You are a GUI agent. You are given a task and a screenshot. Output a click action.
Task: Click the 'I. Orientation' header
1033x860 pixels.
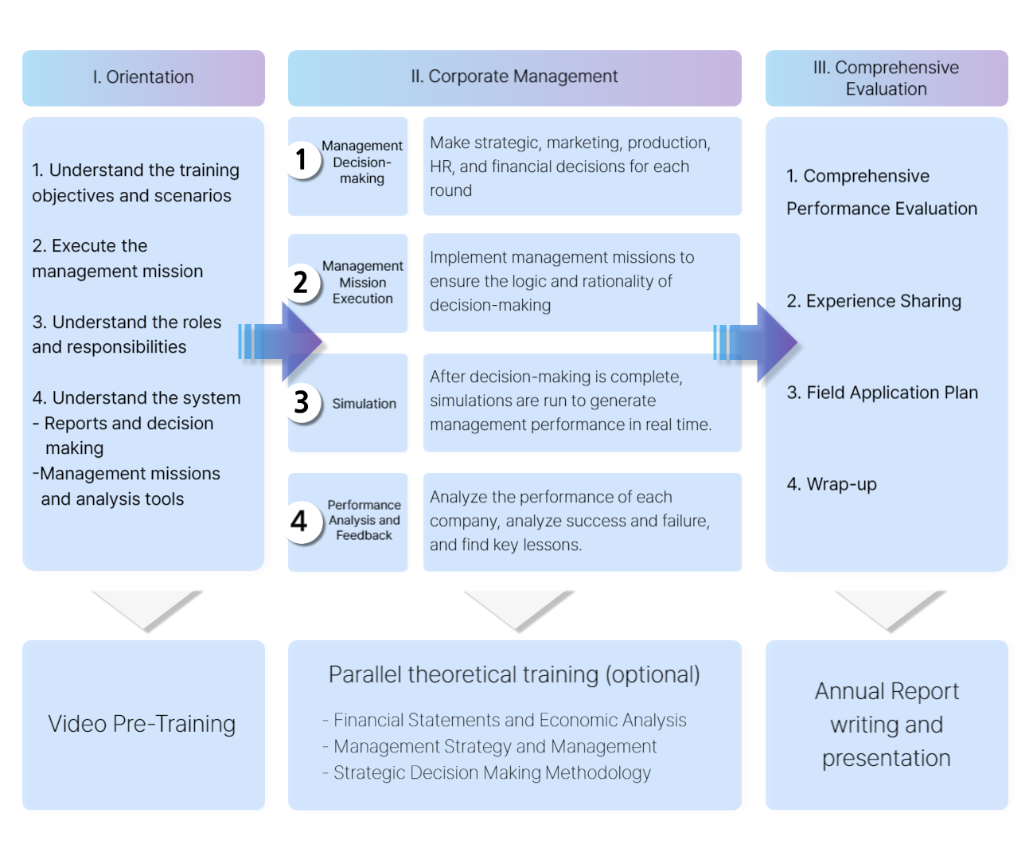(x=143, y=77)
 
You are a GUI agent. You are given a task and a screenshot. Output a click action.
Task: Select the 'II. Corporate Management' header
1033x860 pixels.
(x=514, y=76)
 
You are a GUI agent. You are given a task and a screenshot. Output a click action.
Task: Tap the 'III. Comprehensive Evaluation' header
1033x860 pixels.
(x=886, y=78)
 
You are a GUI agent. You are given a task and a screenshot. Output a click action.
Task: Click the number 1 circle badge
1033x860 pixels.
(x=302, y=160)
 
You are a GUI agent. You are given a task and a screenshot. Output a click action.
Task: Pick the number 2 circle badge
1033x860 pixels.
(x=301, y=282)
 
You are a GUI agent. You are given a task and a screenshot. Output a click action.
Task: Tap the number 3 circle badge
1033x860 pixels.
(x=302, y=403)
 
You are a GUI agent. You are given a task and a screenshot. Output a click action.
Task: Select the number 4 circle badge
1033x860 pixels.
(x=300, y=522)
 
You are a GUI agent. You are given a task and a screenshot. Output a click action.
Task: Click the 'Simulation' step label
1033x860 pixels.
(x=364, y=404)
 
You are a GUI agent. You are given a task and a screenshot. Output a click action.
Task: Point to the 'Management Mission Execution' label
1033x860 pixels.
(x=362, y=283)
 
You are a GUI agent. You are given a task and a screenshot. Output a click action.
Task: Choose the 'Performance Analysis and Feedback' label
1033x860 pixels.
(x=364, y=520)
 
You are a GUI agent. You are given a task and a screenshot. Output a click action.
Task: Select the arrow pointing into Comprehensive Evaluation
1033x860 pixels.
(x=756, y=343)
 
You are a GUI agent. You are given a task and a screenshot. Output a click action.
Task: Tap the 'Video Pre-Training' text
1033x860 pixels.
(x=142, y=724)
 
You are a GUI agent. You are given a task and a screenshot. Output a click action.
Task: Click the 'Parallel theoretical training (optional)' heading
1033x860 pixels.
(x=514, y=674)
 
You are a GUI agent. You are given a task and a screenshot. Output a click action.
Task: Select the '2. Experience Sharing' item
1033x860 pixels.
(x=874, y=301)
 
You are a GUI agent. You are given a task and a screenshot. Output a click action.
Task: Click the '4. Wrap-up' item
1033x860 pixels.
(x=832, y=484)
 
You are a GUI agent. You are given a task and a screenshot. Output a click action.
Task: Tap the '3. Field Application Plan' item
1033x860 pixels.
(x=882, y=393)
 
